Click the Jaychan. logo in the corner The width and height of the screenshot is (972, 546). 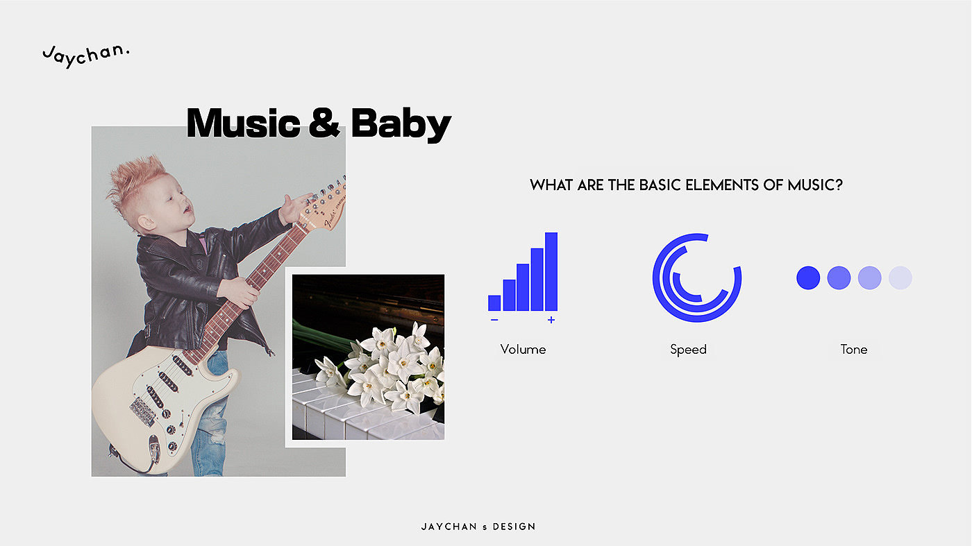[x=86, y=56]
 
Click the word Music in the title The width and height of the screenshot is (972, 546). [x=244, y=123]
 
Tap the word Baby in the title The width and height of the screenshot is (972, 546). [x=401, y=125]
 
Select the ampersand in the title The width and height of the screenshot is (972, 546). [x=325, y=123]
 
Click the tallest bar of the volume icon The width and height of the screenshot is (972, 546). [x=551, y=271]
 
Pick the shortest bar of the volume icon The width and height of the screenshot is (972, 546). [x=494, y=302]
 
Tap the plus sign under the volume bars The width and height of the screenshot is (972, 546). [x=551, y=320]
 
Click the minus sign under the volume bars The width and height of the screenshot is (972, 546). [x=494, y=320]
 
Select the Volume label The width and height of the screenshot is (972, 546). [x=523, y=350]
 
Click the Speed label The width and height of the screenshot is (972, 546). [x=688, y=350]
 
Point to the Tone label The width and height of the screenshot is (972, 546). [x=854, y=350]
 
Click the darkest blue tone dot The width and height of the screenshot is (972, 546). [x=808, y=278]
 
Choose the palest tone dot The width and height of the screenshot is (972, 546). [x=900, y=278]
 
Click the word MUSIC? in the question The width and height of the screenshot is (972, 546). [x=815, y=185]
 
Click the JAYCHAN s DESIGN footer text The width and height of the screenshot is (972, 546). [x=478, y=527]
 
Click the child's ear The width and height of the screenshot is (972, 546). [x=146, y=223]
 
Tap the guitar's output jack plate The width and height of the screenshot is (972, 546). [x=154, y=447]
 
